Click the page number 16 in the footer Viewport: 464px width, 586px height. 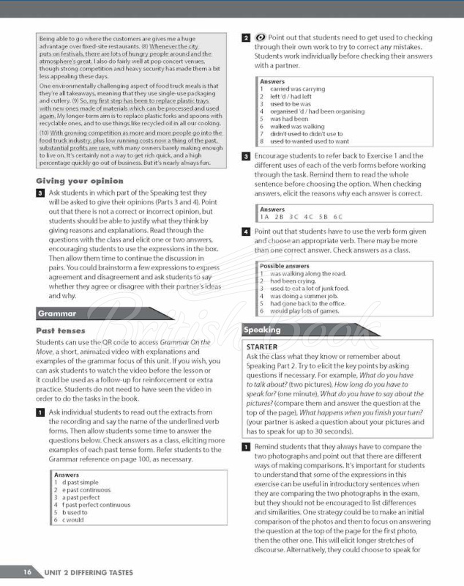(26, 572)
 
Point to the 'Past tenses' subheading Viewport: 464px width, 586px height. (61, 331)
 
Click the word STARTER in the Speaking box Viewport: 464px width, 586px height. (263, 346)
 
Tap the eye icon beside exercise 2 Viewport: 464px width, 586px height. (261, 37)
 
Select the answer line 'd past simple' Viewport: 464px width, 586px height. (77, 483)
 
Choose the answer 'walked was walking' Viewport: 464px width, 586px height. (298, 126)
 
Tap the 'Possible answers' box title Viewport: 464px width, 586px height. (285, 266)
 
